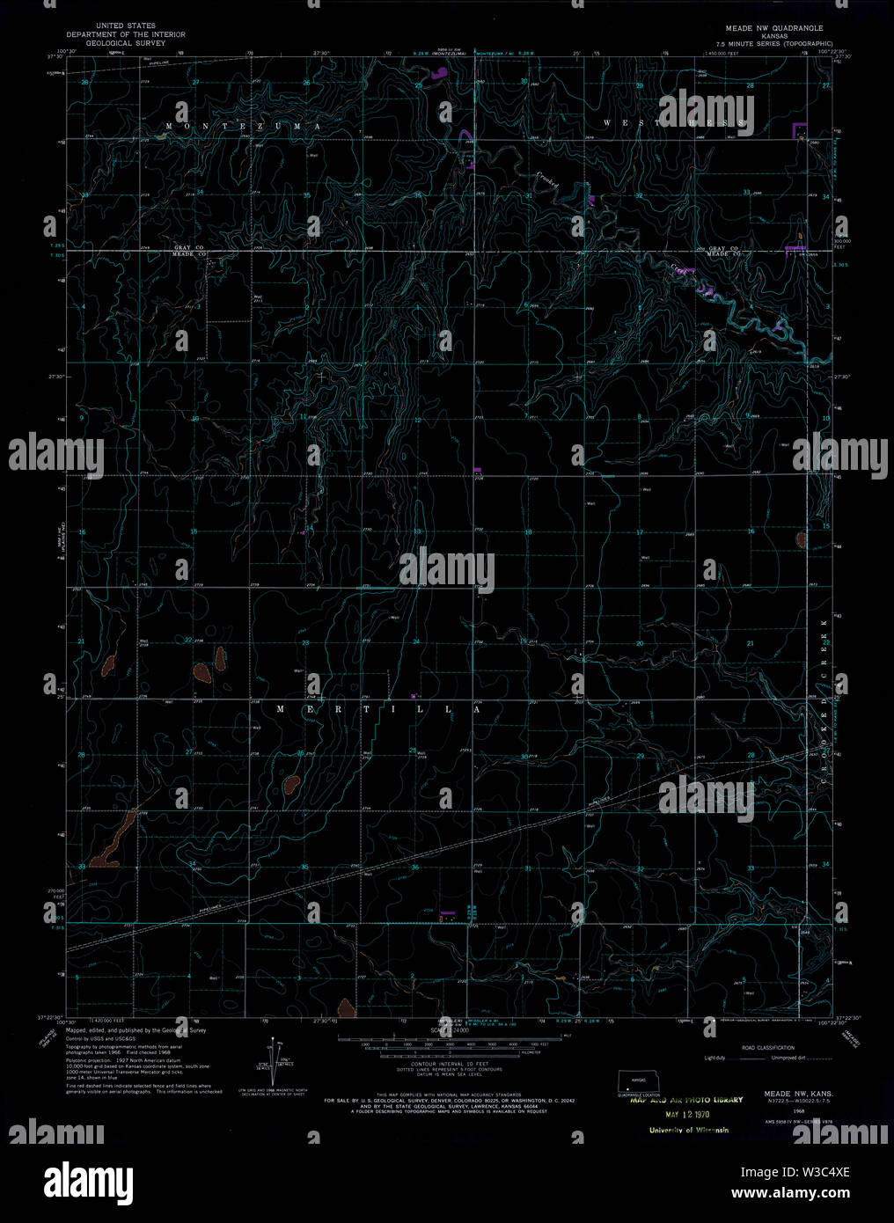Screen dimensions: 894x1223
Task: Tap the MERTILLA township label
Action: coord(379,708)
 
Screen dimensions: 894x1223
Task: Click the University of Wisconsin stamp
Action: coord(688,1131)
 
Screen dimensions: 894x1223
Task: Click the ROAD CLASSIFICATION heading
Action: coord(767,1048)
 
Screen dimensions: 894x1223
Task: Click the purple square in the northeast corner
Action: coord(800,130)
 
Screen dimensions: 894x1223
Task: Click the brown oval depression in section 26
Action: coord(289,783)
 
